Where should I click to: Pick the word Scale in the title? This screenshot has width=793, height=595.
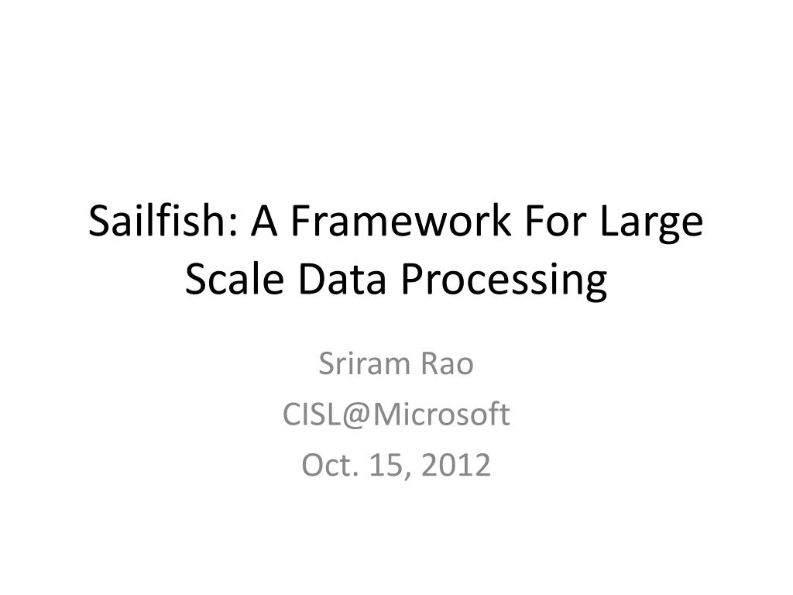[x=229, y=280]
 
